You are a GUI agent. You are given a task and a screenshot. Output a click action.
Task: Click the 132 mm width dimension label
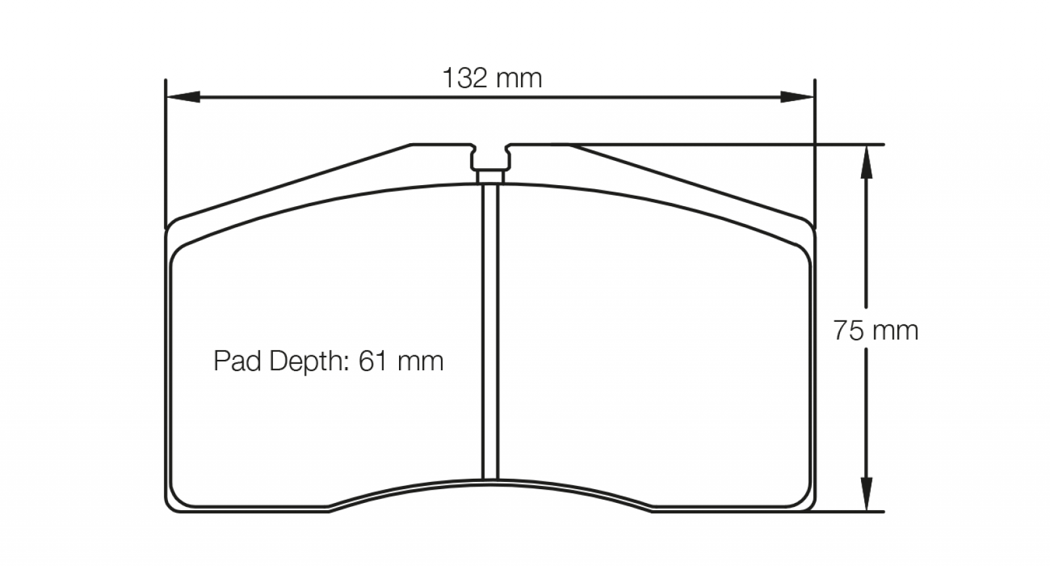coord(492,78)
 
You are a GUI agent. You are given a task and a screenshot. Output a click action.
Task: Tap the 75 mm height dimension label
coord(875,330)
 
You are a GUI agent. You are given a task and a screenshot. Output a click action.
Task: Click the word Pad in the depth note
coord(237,361)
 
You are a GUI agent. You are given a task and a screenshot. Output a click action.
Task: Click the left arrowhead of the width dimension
coord(183,97)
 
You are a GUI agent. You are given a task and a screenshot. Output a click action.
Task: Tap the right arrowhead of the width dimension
coord(797,97)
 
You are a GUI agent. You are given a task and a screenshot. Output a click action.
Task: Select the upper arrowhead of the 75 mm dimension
coord(866,162)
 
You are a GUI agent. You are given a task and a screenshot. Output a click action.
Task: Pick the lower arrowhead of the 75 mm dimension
coord(866,494)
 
